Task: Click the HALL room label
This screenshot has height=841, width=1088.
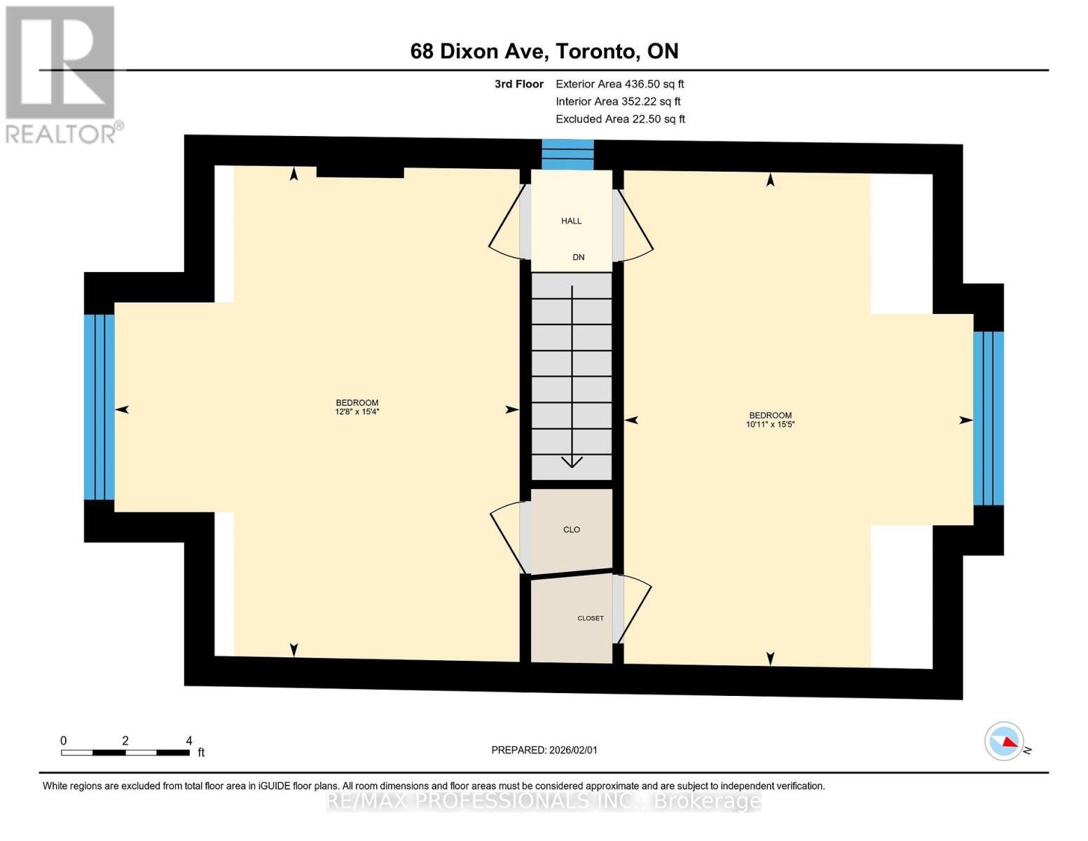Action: (x=571, y=221)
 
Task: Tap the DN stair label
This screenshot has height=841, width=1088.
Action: (x=578, y=257)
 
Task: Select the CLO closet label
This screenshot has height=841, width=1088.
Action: (x=571, y=529)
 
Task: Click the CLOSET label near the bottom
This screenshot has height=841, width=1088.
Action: (x=591, y=618)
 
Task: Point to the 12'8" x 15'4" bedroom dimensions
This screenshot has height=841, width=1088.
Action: (x=357, y=411)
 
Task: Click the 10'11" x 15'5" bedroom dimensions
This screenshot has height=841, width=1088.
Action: (x=770, y=424)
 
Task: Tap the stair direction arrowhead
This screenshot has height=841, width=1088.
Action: (x=571, y=462)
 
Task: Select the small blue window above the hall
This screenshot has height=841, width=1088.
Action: (x=567, y=154)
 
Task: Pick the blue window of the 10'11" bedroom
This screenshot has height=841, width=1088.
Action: (x=989, y=418)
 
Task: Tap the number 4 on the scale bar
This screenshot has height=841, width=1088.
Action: (x=188, y=741)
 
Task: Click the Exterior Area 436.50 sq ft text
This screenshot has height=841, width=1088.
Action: (x=619, y=84)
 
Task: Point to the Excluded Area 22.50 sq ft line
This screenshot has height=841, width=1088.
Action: (x=620, y=119)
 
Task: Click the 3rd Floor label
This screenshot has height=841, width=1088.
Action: (x=518, y=84)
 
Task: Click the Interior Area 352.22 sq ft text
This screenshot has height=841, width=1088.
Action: (x=618, y=102)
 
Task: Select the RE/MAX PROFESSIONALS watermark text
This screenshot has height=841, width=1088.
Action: (x=544, y=802)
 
